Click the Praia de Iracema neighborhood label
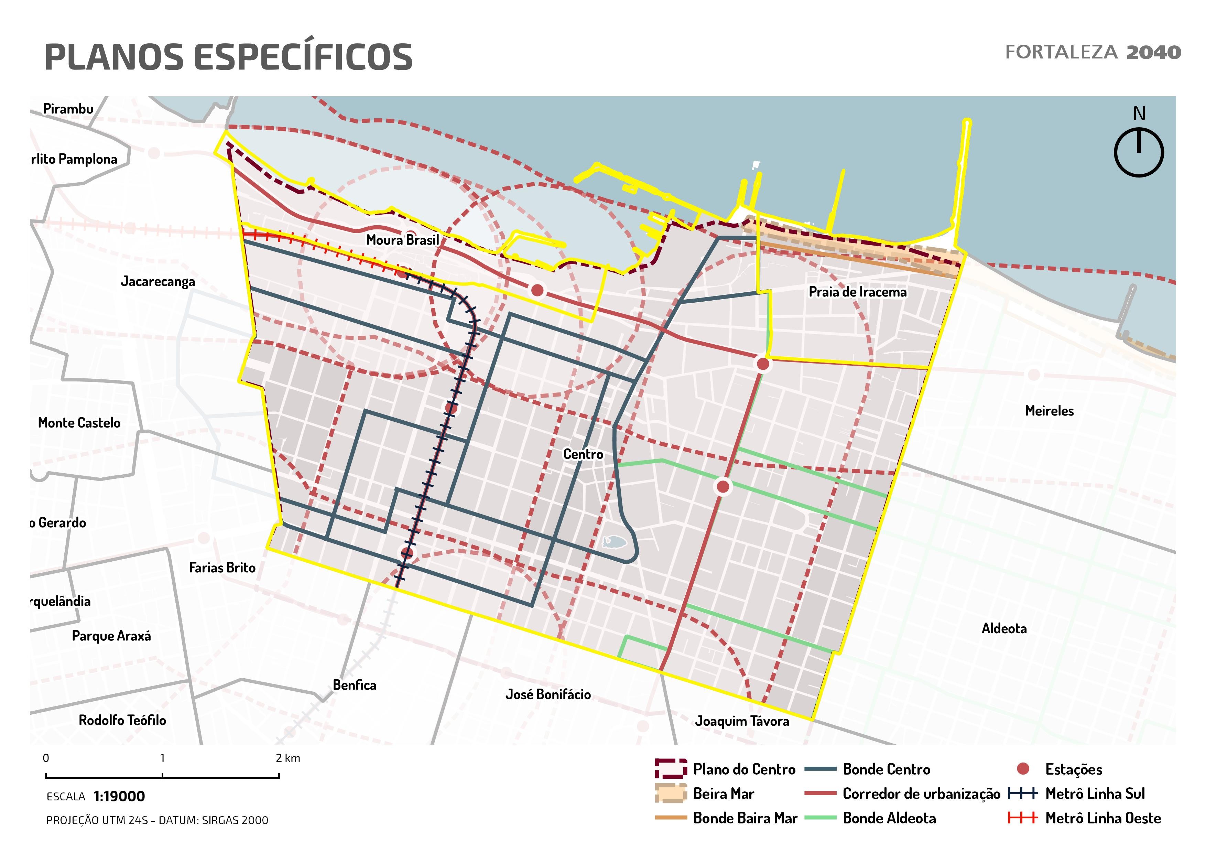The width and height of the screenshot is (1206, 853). (x=857, y=292)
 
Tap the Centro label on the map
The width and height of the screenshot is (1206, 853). (x=583, y=454)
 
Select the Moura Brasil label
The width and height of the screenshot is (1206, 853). (x=402, y=240)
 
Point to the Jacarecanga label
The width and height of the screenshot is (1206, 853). (x=157, y=282)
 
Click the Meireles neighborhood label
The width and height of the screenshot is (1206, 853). (x=1049, y=411)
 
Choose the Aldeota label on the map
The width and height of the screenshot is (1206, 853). (x=1004, y=628)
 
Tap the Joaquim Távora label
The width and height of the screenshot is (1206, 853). (x=742, y=721)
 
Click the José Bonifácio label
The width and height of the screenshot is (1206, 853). (x=548, y=694)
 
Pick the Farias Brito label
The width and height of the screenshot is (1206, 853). (x=222, y=567)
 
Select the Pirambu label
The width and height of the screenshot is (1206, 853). (x=68, y=109)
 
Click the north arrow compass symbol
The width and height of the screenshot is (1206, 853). (x=1138, y=152)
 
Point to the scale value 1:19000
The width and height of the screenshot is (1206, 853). (x=119, y=796)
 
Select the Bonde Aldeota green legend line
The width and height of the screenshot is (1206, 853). (x=820, y=818)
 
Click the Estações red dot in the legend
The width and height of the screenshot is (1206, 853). (x=1023, y=769)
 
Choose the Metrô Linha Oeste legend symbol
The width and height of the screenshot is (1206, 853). (x=1022, y=818)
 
